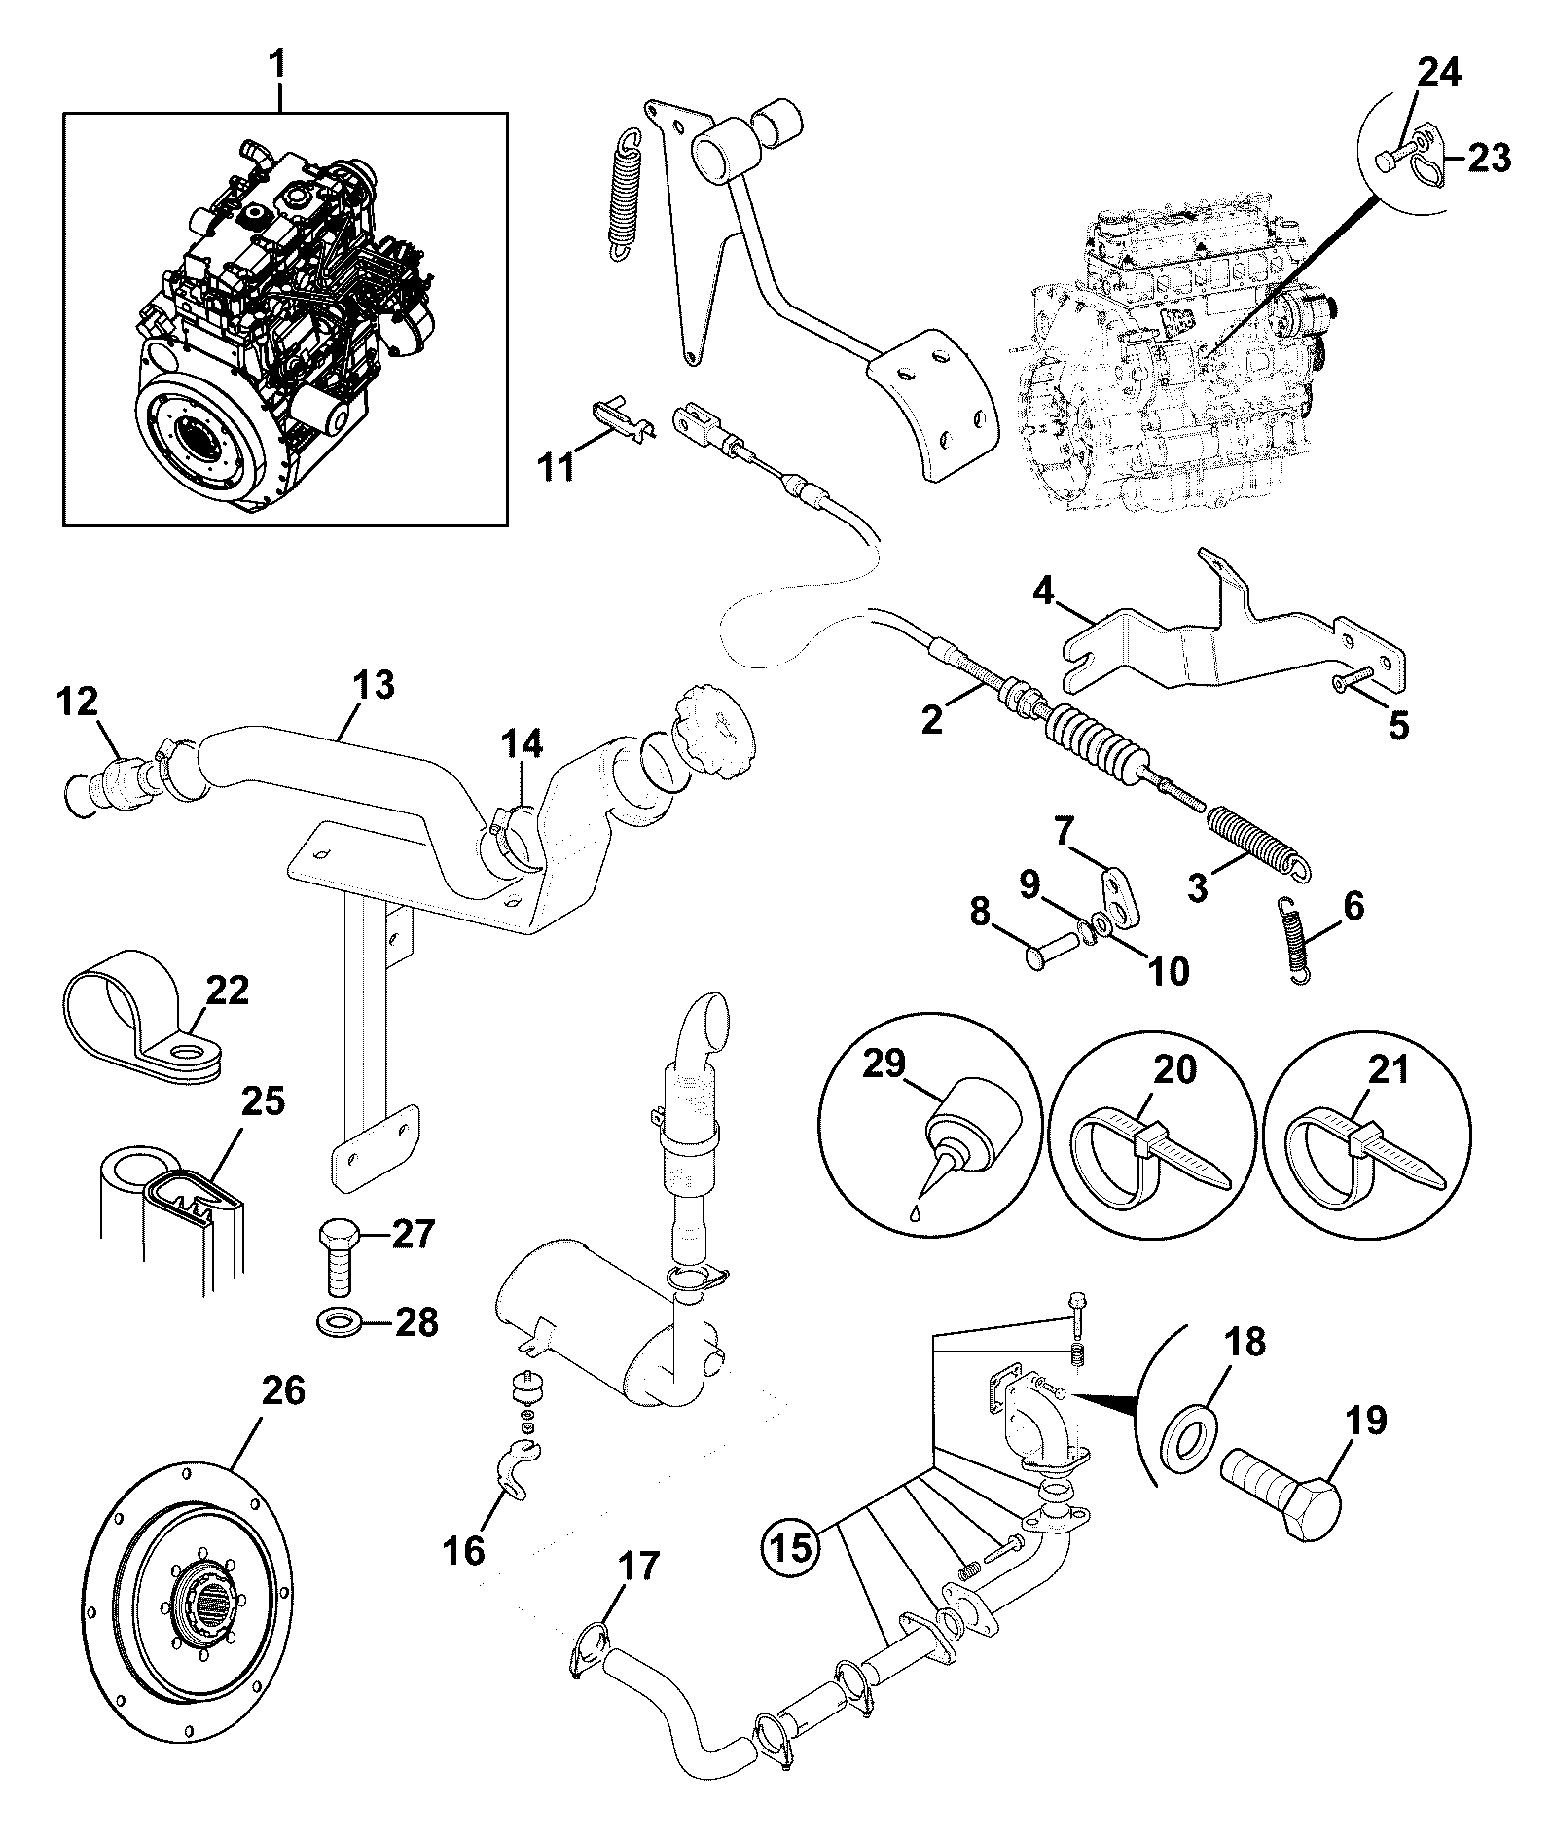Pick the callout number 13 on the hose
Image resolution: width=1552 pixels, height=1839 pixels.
(x=374, y=686)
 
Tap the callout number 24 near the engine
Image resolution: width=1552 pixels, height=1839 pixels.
(x=1438, y=73)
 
